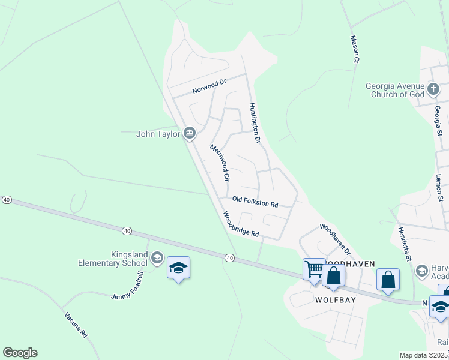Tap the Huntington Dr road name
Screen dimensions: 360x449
tap(255, 123)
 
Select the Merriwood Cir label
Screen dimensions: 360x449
tap(219, 163)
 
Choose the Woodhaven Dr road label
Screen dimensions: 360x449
tap(334, 237)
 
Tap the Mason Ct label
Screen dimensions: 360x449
tap(355, 49)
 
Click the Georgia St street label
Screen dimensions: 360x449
tap(438, 120)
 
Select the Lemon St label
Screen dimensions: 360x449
tap(439, 188)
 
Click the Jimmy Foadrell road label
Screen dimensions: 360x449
tap(128, 286)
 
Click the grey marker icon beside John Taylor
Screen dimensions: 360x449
tap(190, 133)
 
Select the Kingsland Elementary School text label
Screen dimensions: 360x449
tap(113, 259)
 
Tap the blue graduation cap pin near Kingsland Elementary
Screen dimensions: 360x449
tap(178, 268)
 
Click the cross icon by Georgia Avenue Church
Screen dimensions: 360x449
tap(434, 91)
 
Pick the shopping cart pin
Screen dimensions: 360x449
tap(313, 269)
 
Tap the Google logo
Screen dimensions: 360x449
tap(20, 353)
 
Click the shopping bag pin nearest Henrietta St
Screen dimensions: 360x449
tap(388, 280)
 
